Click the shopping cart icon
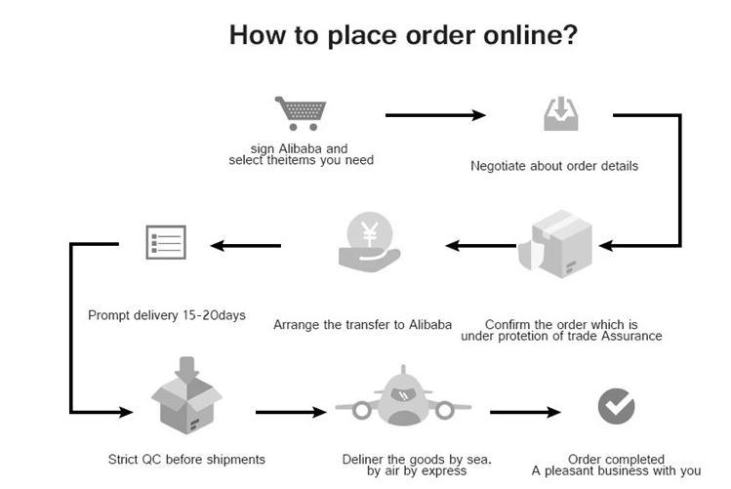click(299, 113)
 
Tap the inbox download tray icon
click(560, 114)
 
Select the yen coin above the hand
click(370, 233)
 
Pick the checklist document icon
click(165, 241)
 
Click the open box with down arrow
click(186, 397)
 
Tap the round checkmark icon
click(616, 406)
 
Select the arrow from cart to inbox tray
click(435, 115)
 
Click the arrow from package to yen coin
click(481, 245)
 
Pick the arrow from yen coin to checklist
click(245, 245)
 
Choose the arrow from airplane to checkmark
click(525, 412)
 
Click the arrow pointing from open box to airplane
click(290, 412)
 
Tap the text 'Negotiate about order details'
click(554, 166)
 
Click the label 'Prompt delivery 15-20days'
click(167, 315)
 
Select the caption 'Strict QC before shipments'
click(186, 459)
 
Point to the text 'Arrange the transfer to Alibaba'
click(363, 324)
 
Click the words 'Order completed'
click(616, 459)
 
